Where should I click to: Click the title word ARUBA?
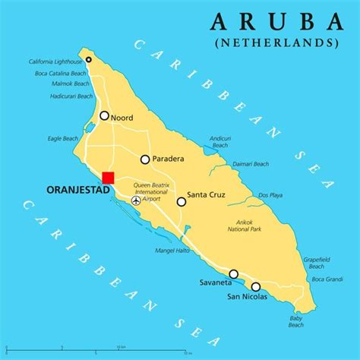pyautogui.click(x=276, y=21)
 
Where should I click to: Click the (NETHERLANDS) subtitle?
pyautogui.click(x=276, y=43)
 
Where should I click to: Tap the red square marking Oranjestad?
pyautogui.click(x=108, y=178)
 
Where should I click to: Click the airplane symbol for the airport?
pyautogui.click(x=136, y=201)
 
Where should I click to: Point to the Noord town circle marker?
pyautogui.click(x=104, y=116)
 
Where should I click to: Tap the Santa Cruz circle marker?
pyautogui.click(x=182, y=201)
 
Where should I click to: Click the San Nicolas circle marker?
pyautogui.click(x=256, y=286)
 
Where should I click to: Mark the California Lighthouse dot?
pyautogui.click(x=89, y=59)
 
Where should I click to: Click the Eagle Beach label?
pyautogui.click(x=64, y=139)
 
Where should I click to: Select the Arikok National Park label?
pyautogui.click(x=245, y=226)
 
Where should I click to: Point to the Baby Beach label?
pyautogui.click(x=296, y=321)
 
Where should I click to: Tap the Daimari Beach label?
pyautogui.click(x=251, y=164)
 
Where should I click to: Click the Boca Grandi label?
pyautogui.click(x=328, y=279)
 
